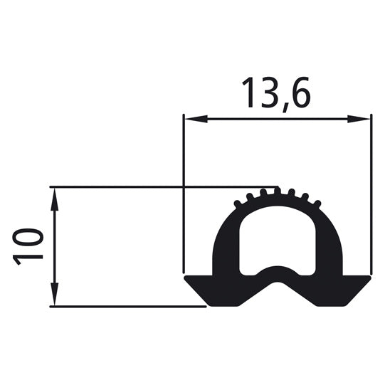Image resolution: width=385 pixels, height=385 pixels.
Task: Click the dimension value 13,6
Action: [275, 94]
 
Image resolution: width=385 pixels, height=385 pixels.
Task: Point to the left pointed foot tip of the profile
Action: [186, 278]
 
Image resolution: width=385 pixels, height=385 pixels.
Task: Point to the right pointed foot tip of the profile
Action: [369, 278]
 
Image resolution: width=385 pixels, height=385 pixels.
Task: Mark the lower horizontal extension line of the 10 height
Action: [128, 307]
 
